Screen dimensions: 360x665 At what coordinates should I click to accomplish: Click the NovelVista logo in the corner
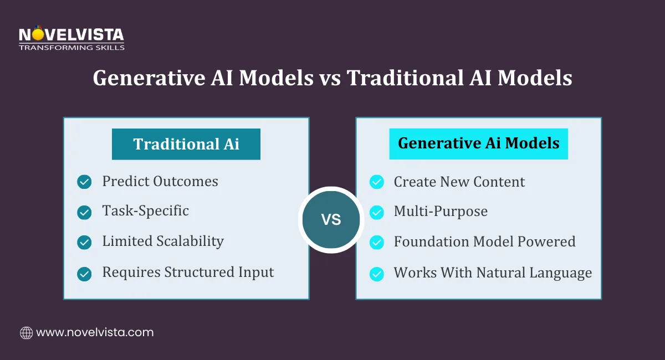pyautogui.click(x=71, y=35)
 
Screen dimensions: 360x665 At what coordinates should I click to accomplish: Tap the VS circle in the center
pyautogui.click(x=331, y=220)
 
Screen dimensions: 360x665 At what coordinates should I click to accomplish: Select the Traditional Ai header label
pyautogui.click(x=186, y=144)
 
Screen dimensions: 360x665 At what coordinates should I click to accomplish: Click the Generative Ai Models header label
pyautogui.click(x=478, y=143)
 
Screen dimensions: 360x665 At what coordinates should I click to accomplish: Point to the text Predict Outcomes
pyautogui.click(x=160, y=181)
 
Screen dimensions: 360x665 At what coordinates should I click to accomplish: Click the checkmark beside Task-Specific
pyautogui.click(x=84, y=212)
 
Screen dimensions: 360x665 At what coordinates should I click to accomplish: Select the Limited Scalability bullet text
pyautogui.click(x=163, y=241)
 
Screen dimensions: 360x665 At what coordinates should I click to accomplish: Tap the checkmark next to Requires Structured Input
pyautogui.click(x=84, y=273)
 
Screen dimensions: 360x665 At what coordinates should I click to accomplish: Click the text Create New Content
pyautogui.click(x=459, y=182)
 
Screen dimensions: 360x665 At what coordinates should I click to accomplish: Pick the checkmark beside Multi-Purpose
pyautogui.click(x=376, y=212)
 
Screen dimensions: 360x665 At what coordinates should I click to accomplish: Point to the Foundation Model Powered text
pyautogui.click(x=484, y=242)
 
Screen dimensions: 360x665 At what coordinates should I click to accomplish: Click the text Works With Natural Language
pyautogui.click(x=493, y=273)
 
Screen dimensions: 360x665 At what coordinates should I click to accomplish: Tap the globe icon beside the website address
pyautogui.click(x=26, y=333)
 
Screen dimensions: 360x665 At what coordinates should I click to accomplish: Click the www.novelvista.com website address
pyautogui.click(x=95, y=333)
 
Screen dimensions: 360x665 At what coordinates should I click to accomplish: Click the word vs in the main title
pyautogui.click(x=330, y=79)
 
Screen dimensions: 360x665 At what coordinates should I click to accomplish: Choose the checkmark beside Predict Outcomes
pyautogui.click(x=84, y=182)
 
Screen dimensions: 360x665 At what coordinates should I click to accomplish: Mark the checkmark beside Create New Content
pyautogui.click(x=376, y=182)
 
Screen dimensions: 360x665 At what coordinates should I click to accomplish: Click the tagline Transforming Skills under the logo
pyautogui.click(x=71, y=48)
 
